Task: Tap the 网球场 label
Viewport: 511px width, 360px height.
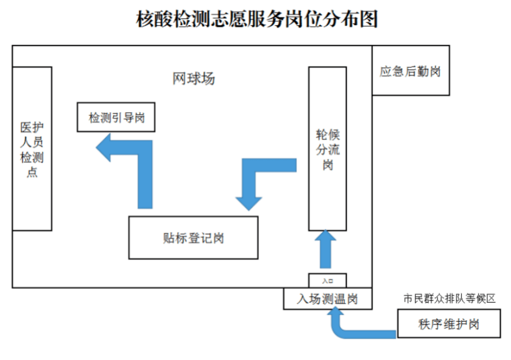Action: tap(194, 79)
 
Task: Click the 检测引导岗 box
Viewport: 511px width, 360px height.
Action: tap(116, 118)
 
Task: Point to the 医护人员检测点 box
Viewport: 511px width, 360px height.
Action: tap(32, 148)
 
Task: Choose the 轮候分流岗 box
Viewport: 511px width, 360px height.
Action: tap(328, 148)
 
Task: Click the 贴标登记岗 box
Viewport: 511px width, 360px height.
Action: tap(193, 237)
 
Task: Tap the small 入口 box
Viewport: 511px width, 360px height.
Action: tap(328, 281)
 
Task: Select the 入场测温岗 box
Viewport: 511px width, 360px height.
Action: tap(328, 299)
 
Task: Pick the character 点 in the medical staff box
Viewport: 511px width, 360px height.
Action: tap(32, 172)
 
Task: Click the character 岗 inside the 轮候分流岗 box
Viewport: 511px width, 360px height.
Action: tap(328, 166)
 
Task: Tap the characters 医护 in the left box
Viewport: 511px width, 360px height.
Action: tap(32, 127)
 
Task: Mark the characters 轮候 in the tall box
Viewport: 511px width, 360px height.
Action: tap(328, 135)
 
